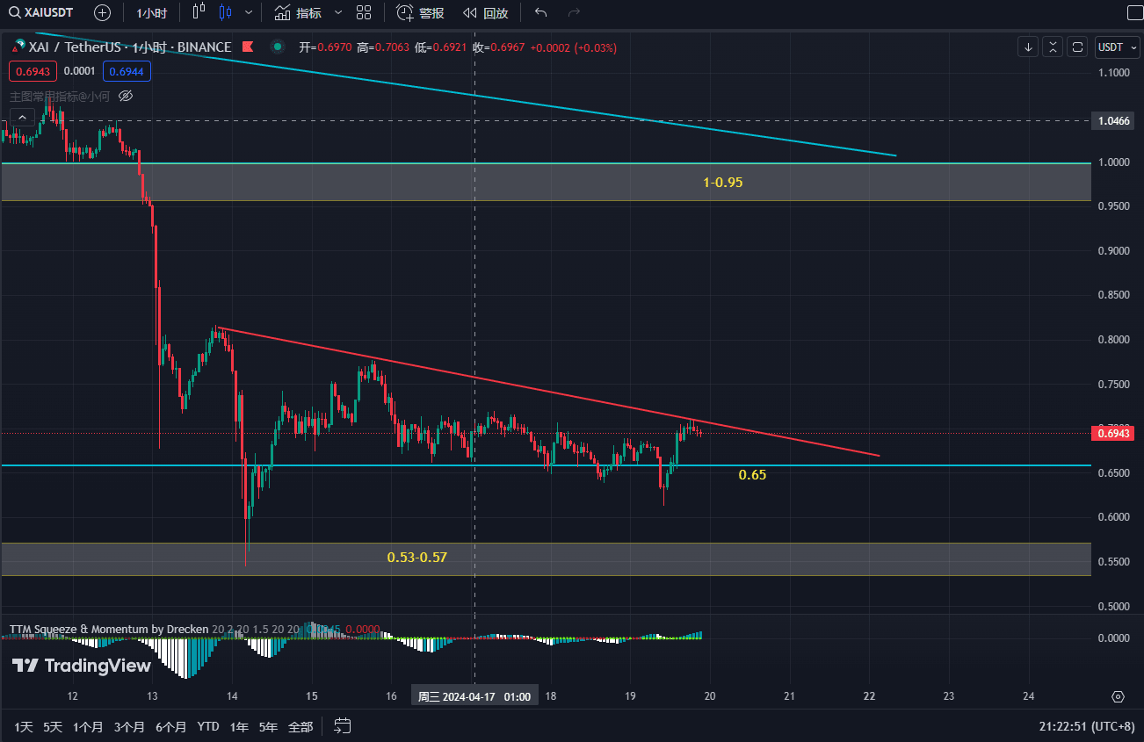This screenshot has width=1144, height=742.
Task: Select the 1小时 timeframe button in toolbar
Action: (151, 13)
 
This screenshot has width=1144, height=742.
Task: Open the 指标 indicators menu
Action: (298, 13)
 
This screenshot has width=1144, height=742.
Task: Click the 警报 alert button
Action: (420, 13)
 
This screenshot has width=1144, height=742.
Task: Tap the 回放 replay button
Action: (485, 13)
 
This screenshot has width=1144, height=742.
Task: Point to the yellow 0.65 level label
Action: (752, 474)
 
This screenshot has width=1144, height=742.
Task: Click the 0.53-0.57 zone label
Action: (417, 557)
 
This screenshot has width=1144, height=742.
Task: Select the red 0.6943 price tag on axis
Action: (1114, 433)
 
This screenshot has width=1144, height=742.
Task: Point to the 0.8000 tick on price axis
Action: (1113, 340)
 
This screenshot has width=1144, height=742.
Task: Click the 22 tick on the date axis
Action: (870, 696)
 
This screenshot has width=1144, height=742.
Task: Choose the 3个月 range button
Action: (129, 727)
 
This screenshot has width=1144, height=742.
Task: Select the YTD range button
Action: (208, 727)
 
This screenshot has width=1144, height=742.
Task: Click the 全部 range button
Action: (300, 727)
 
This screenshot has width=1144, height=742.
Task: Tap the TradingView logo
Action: (82, 666)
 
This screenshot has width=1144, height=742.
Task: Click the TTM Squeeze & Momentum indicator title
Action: (109, 629)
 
